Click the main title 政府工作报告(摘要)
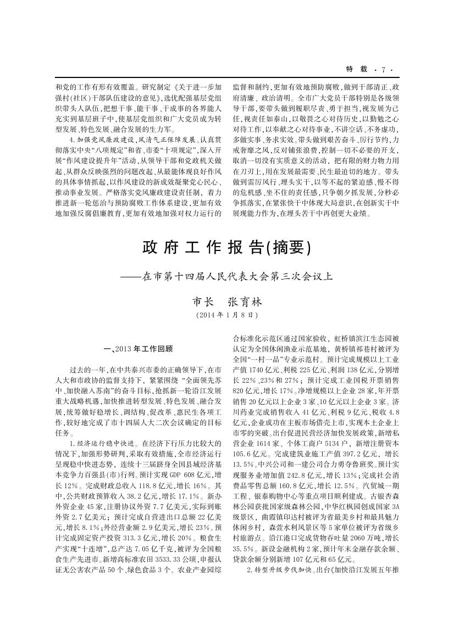(226, 248)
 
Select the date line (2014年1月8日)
(226, 315)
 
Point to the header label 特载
(352, 70)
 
